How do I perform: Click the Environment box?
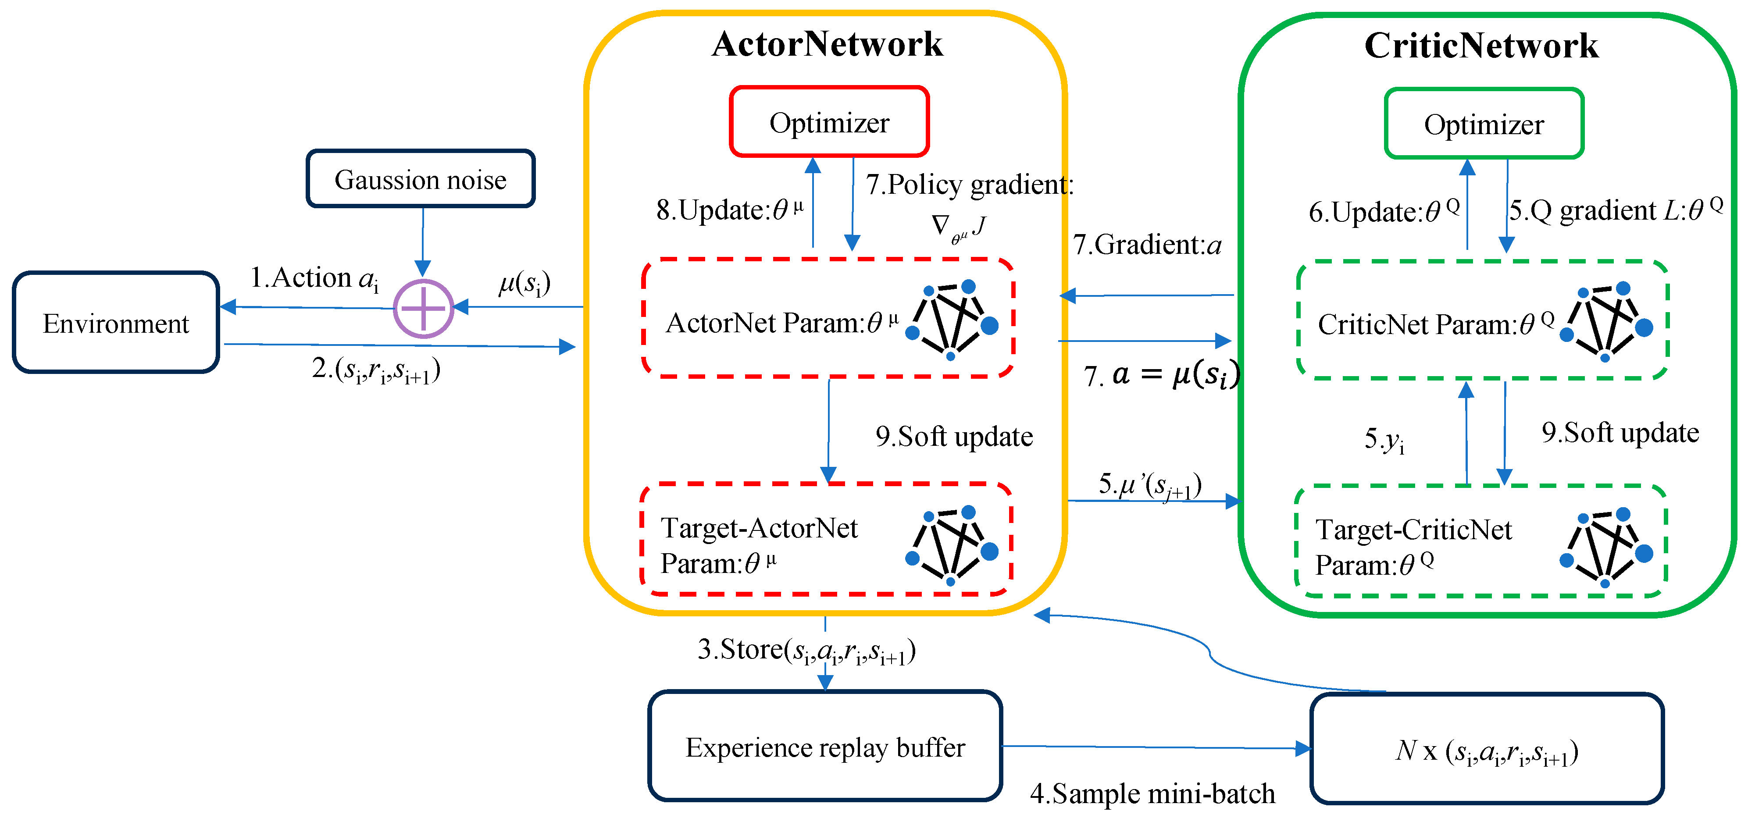click(x=115, y=323)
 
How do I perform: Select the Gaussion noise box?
click(x=420, y=179)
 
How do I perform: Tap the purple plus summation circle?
click(x=424, y=309)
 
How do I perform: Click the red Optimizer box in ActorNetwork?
click(x=828, y=123)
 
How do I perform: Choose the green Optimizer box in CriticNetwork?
click(x=1484, y=124)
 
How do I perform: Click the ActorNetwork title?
click(x=827, y=44)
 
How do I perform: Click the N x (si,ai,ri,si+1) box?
click(x=1486, y=750)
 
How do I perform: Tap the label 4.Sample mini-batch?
click(x=1152, y=793)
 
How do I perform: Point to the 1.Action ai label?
click(x=314, y=277)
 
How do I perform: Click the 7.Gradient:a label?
click(x=1147, y=244)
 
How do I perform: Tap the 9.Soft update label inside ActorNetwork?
click(x=953, y=436)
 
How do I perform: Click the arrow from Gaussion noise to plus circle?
click(x=423, y=241)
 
